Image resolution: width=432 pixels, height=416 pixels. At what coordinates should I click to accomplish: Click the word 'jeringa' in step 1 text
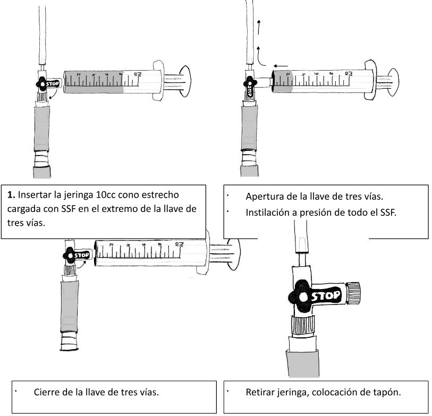tap(79, 196)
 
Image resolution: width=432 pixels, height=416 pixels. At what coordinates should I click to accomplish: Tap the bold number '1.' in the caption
tap(11, 195)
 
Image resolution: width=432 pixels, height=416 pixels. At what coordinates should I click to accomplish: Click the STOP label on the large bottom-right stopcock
tap(326, 296)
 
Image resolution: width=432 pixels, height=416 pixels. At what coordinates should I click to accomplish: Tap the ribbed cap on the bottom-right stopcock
tap(353, 293)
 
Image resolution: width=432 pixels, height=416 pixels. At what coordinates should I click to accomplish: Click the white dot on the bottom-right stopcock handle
tap(303, 297)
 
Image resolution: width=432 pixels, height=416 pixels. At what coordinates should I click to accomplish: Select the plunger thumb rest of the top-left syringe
tap(185, 81)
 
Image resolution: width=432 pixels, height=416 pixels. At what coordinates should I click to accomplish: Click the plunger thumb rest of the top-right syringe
tap(393, 82)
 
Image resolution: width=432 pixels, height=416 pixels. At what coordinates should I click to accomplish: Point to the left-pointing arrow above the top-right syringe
tap(281, 66)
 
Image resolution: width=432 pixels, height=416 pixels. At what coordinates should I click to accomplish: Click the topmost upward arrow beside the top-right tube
tap(259, 27)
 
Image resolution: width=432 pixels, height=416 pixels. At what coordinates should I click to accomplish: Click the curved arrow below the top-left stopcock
tap(53, 95)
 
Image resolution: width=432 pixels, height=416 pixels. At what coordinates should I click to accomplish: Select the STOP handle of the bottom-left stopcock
tap(77, 256)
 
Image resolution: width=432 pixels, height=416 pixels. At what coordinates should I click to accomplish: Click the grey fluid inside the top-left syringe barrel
tap(94, 82)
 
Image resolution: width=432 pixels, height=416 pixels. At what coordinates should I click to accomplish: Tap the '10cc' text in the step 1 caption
tap(106, 195)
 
